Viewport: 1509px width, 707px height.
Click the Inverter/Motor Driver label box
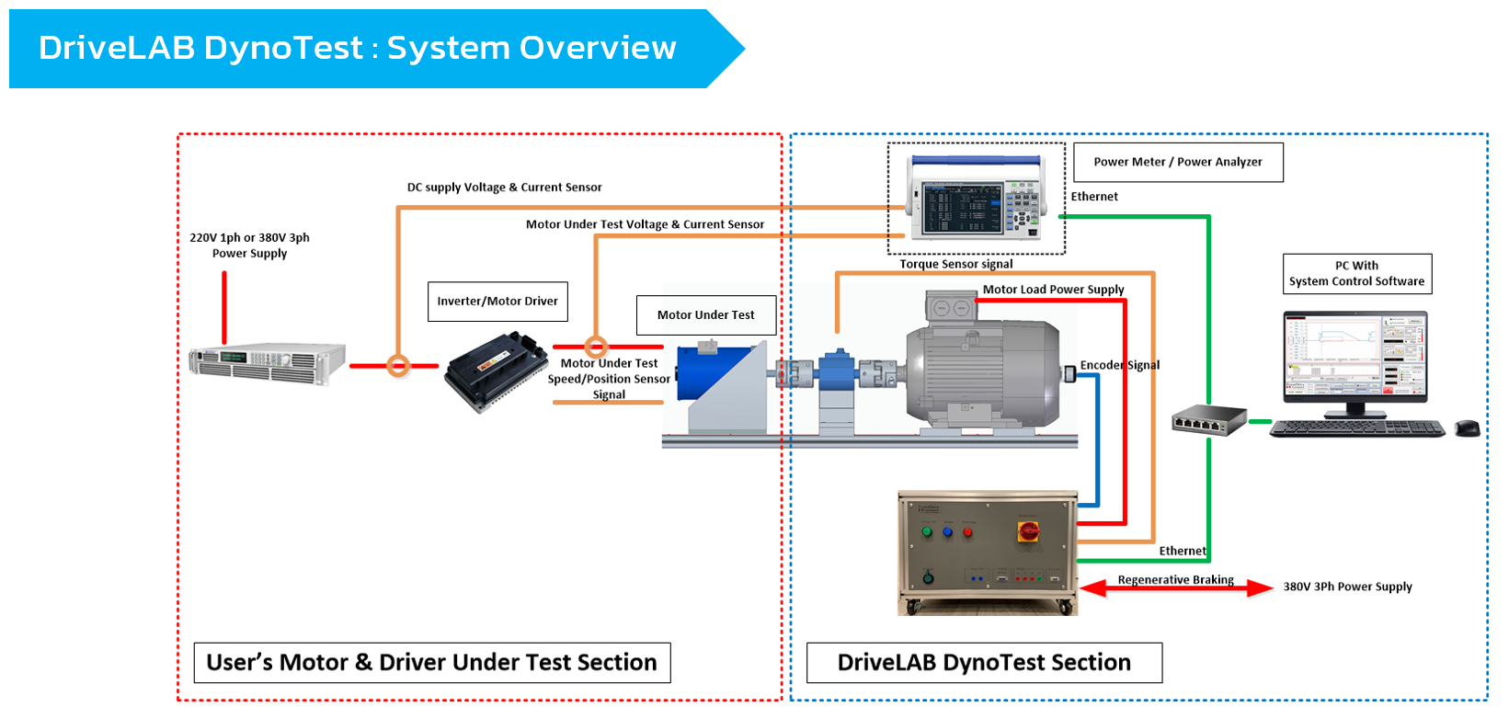(x=497, y=302)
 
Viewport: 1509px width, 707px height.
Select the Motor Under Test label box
(x=706, y=314)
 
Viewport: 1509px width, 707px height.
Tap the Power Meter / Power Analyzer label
(x=1178, y=162)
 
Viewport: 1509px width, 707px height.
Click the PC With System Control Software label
(x=1357, y=274)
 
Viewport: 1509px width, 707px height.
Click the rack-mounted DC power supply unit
(x=267, y=361)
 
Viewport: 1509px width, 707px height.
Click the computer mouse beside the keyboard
(x=1468, y=428)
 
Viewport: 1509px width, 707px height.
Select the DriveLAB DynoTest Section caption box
(x=984, y=663)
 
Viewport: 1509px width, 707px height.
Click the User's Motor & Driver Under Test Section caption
(x=432, y=663)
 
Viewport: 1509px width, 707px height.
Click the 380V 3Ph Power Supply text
(x=1347, y=587)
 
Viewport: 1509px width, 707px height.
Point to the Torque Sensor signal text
(x=956, y=264)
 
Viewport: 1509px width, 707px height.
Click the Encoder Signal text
(x=1120, y=365)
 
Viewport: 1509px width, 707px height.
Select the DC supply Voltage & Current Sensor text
(x=504, y=188)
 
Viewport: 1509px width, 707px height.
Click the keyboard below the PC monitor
(x=1357, y=428)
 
